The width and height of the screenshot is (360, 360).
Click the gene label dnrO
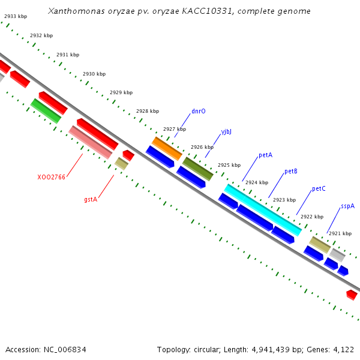[x=198, y=111]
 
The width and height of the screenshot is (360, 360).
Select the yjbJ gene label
[x=226, y=131]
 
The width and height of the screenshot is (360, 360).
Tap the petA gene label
[x=265, y=155]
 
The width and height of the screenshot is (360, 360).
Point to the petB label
[x=291, y=171]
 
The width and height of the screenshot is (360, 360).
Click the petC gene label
[x=319, y=189]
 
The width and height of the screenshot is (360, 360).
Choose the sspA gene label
[x=347, y=206]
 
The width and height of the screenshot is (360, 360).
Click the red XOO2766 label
[x=51, y=177]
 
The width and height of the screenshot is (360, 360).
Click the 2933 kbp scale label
[x=15, y=17]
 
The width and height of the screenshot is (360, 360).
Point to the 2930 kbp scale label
[x=94, y=74]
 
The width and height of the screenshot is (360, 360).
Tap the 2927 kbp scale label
[x=175, y=129]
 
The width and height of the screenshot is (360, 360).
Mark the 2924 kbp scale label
[x=256, y=182]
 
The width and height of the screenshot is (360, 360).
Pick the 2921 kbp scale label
[x=340, y=233]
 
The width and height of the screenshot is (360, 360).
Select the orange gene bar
[x=167, y=148]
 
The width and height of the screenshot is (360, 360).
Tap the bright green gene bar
[x=46, y=110]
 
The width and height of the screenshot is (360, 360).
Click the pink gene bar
[x=90, y=142]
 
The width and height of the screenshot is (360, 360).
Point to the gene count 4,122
[x=343, y=349]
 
